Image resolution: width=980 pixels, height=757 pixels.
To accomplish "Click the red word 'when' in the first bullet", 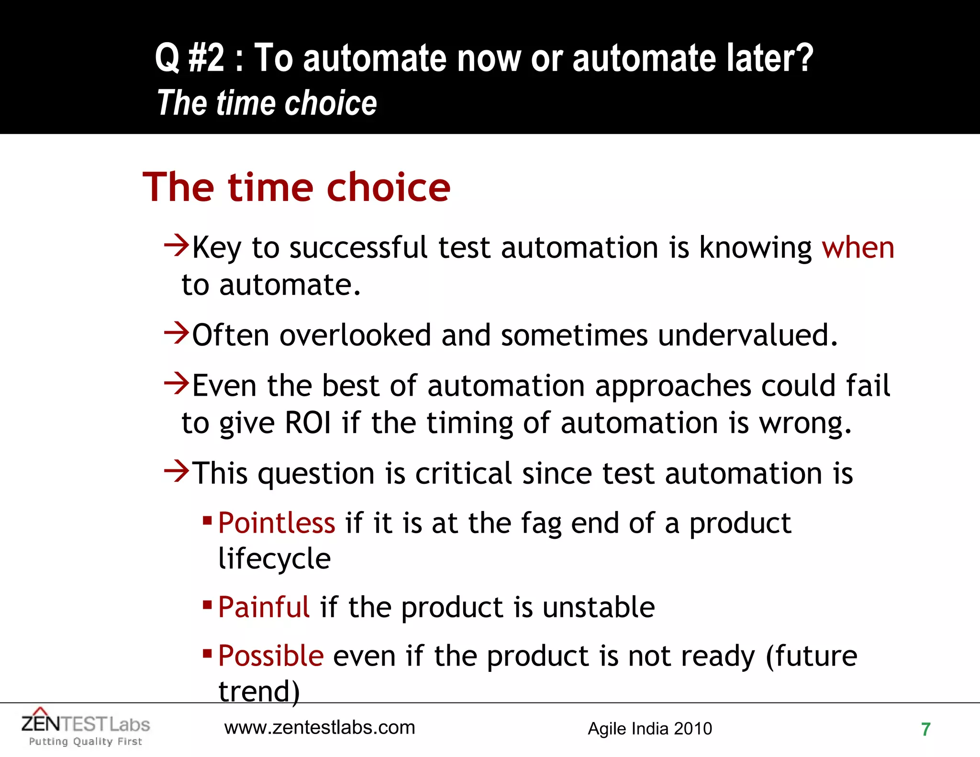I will (857, 248).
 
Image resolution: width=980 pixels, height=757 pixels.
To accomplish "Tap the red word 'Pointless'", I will (277, 523).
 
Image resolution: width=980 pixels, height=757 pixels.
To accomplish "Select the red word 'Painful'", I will (264, 607).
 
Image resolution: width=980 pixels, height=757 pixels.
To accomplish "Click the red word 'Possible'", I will (271, 656).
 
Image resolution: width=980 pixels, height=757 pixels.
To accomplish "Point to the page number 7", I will (925, 729).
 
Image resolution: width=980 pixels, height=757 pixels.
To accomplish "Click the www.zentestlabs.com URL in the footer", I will (320, 728).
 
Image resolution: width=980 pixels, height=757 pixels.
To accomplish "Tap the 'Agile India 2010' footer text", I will (649, 729).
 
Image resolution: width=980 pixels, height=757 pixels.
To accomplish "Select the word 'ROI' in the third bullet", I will (308, 423).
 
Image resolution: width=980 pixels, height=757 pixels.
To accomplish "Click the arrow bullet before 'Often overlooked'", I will (176, 333).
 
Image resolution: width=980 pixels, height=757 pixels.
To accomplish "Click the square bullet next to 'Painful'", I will (207, 605).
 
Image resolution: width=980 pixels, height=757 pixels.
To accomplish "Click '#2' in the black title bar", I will (206, 58).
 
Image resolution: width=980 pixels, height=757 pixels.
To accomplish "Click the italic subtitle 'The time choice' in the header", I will (267, 103).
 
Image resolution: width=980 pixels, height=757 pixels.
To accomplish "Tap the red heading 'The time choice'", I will (296, 187).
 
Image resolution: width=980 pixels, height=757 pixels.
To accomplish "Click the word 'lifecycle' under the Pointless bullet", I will (274, 559).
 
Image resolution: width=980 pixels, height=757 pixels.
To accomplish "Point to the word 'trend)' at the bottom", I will (259, 691).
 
